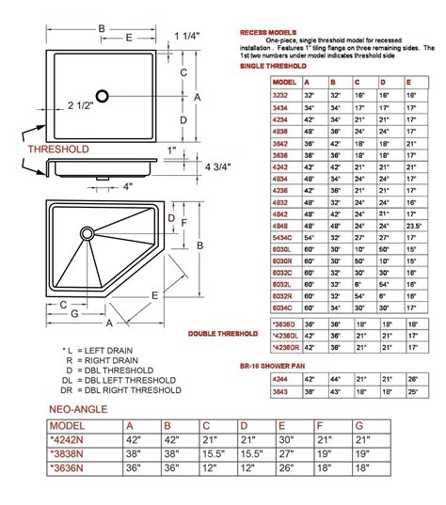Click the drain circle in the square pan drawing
[105, 94]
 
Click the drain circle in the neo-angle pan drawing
[87, 231]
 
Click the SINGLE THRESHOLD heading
[272, 66]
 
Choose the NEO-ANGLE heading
[79, 411]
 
